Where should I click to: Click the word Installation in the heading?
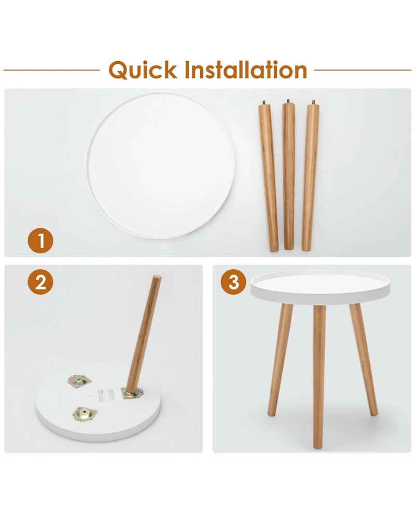[243, 69]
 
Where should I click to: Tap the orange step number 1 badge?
[40, 241]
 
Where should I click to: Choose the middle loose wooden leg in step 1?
[289, 176]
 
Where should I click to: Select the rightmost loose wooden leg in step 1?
[310, 176]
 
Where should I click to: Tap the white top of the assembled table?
[320, 285]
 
